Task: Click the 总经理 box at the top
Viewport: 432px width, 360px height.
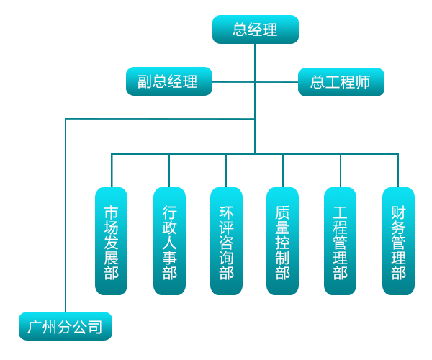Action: coord(255,30)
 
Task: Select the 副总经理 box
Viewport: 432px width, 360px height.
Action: coord(170,81)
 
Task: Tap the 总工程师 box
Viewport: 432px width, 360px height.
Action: coord(341,81)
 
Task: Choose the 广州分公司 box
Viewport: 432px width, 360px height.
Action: coord(65,326)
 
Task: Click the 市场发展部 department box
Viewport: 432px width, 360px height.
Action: coord(111,241)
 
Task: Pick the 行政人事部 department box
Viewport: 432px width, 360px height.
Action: coord(169,241)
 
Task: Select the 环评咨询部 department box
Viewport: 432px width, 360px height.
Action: coord(226,241)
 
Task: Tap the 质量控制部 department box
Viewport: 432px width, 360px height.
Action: coord(282,241)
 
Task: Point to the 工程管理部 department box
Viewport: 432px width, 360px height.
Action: coord(340,241)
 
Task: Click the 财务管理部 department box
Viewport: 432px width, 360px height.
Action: coord(398,241)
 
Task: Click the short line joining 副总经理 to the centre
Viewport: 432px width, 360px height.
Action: coord(233,81)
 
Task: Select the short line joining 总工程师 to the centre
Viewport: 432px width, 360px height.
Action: coord(277,81)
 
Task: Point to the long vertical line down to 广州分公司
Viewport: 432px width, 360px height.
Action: coord(65,216)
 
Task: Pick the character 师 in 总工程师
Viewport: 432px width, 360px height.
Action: coord(364,82)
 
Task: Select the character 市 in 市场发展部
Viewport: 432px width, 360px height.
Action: coord(111,213)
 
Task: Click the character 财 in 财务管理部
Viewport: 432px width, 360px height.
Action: coord(398,213)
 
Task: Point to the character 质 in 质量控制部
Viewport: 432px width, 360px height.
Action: coord(282,213)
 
